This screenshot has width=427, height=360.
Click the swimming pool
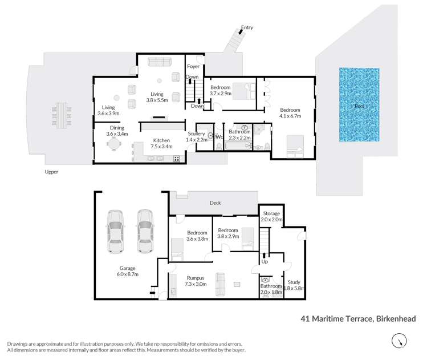pos(359,106)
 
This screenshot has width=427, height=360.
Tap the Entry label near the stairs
pos(247,27)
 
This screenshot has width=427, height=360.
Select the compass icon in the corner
pos(400,341)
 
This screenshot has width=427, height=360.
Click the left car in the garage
pos(115,232)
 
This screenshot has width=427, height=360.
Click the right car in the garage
pos(144,232)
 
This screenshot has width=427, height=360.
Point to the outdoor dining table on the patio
pos(61,115)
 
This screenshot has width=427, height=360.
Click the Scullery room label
pos(204,134)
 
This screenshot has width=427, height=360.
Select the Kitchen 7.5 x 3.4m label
pos(161,143)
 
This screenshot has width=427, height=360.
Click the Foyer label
pos(193,67)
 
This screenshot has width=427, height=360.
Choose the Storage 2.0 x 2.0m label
pos(271,216)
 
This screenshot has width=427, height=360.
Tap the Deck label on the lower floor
pos(215,202)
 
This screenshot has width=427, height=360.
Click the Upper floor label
pos(51,172)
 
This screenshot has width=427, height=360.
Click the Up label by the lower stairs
pos(264,262)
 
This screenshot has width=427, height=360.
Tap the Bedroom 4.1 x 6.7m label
pos(290,112)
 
